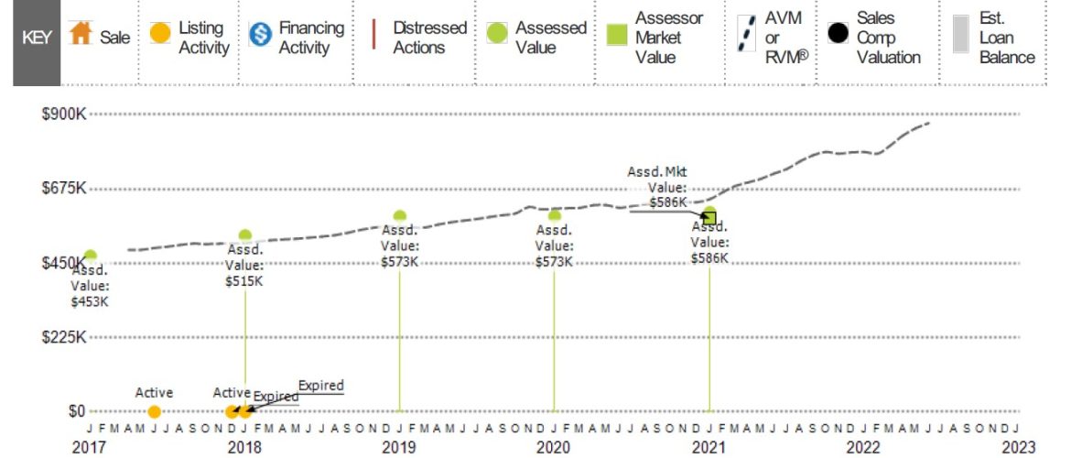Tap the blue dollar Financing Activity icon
tap(260, 38)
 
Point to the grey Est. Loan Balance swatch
tap(959, 38)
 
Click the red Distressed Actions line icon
tap(374, 38)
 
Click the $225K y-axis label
tap(64, 337)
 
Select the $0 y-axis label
tap(76, 411)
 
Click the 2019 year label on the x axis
tap(399, 447)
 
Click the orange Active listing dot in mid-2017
tap(154, 411)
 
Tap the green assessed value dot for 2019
tap(399, 217)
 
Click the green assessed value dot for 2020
tap(554, 216)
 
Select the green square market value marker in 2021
tap(709, 217)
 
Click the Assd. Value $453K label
tap(90, 286)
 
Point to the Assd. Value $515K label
tap(244, 265)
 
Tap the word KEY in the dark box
tap(37, 38)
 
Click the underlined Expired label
tap(320, 386)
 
